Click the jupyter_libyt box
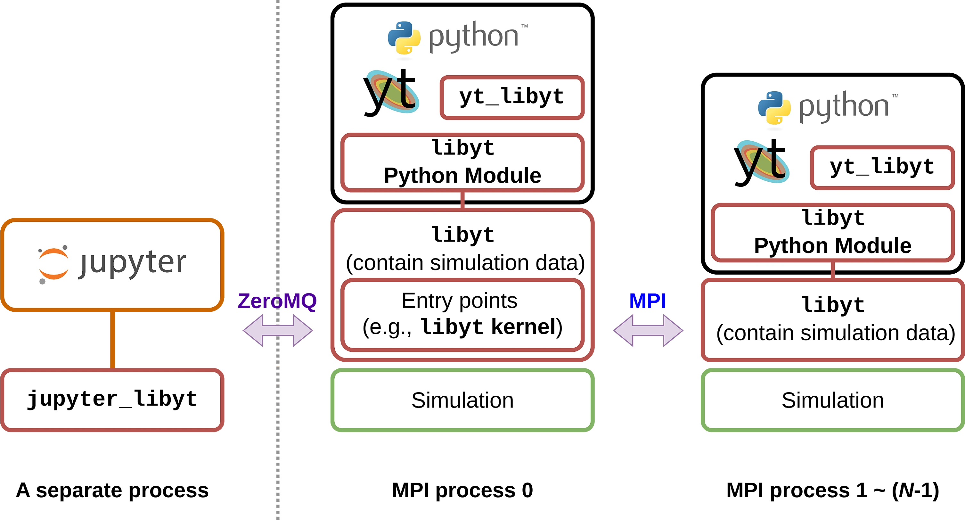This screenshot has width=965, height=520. pyautogui.click(x=112, y=399)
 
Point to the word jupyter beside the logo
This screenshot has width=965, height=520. pyautogui.click(x=133, y=262)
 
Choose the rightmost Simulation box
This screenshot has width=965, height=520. pyautogui.click(x=832, y=400)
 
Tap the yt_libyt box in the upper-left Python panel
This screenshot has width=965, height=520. pyautogui.click(x=512, y=97)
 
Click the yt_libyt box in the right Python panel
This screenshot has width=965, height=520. pyautogui.click(x=882, y=167)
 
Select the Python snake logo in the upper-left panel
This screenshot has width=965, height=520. pyautogui.click(x=404, y=38)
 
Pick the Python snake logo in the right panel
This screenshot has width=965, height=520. pyautogui.click(x=774, y=108)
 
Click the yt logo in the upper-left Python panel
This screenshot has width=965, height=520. pyautogui.click(x=391, y=93)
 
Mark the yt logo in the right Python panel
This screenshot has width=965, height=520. pyautogui.click(x=761, y=162)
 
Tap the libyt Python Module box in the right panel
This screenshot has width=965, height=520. pyautogui.click(x=832, y=232)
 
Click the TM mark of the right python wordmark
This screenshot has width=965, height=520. pyautogui.click(x=895, y=96)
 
